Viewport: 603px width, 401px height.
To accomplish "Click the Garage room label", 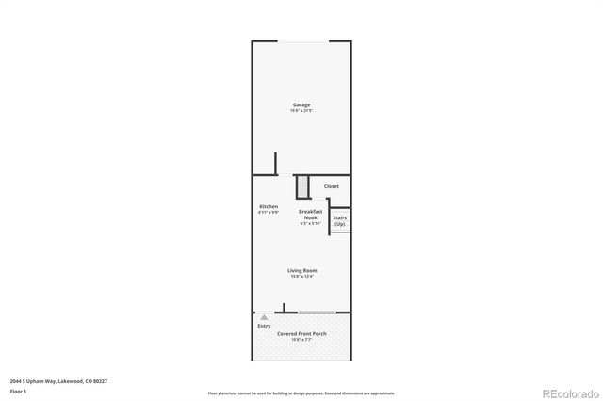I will (x=301, y=104).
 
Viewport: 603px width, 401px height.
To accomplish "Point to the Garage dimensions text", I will (x=301, y=111).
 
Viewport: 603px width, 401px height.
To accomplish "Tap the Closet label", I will (x=331, y=186).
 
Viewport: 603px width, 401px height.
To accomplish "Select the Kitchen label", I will (x=269, y=206).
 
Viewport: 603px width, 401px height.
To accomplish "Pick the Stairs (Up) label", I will (x=339, y=220).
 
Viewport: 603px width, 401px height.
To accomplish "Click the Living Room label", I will (x=301, y=270).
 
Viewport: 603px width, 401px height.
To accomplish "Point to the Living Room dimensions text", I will (x=301, y=277).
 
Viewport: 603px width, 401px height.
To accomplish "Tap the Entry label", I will (x=264, y=326).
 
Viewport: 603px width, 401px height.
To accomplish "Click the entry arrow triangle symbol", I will (x=264, y=318).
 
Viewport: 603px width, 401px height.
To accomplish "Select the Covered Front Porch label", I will (x=301, y=333).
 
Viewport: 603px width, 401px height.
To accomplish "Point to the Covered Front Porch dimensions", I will (x=301, y=340).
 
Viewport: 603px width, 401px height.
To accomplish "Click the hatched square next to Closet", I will (x=303, y=187).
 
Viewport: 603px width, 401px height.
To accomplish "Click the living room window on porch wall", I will (x=316, y=312).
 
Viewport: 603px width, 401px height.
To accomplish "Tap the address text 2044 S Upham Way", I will (x=46, y=380).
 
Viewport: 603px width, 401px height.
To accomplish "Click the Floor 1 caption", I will (x=18, y=390).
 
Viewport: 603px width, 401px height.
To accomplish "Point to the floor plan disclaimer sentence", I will (x=301, y=393).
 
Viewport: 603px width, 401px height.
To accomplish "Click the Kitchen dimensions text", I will (x=269, y=213).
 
